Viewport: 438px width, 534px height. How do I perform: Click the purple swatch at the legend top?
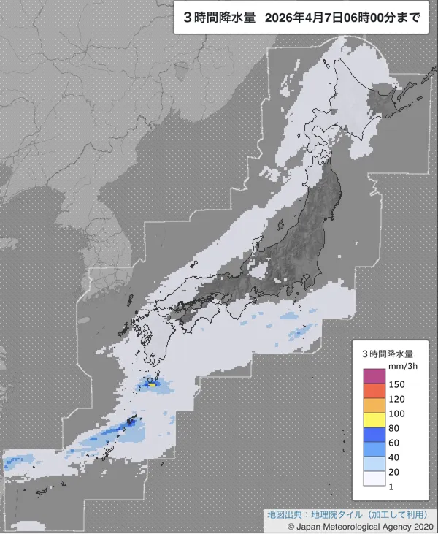(x=374, y=376)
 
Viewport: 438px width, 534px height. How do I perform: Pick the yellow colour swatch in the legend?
(x=374, y=420)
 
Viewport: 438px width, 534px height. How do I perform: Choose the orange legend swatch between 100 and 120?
(x=374, y=405)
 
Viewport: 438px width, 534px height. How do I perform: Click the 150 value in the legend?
(x=398, y=384)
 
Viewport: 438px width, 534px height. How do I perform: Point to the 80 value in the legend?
(x=396, y=428)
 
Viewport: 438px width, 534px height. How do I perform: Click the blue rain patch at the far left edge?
(x=16, y=462)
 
